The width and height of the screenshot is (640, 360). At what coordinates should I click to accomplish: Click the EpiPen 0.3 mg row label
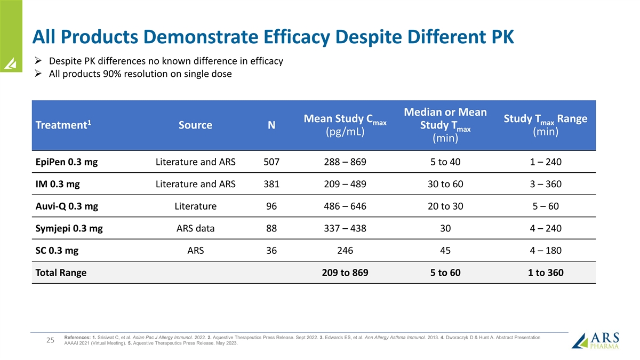66,162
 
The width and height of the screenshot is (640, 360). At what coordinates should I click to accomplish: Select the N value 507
271,162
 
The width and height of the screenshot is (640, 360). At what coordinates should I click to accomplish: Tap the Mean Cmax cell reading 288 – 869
345,162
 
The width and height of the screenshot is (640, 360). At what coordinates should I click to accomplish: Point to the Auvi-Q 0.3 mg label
66,206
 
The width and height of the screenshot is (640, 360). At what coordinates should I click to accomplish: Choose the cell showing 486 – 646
345,206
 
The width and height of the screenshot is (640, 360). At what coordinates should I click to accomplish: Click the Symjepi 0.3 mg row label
69,229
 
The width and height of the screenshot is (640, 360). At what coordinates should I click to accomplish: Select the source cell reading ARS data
195,229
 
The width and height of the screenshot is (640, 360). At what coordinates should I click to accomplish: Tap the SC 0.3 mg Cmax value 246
345,251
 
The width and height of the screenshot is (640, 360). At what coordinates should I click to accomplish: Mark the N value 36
271,251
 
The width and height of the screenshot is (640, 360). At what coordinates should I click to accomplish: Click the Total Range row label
61,273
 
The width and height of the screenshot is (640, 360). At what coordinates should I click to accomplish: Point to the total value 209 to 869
345,273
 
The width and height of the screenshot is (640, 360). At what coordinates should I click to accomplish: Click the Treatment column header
61,126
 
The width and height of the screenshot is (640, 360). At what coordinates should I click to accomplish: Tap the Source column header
195,126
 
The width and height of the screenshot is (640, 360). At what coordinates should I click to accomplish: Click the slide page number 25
50,340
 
